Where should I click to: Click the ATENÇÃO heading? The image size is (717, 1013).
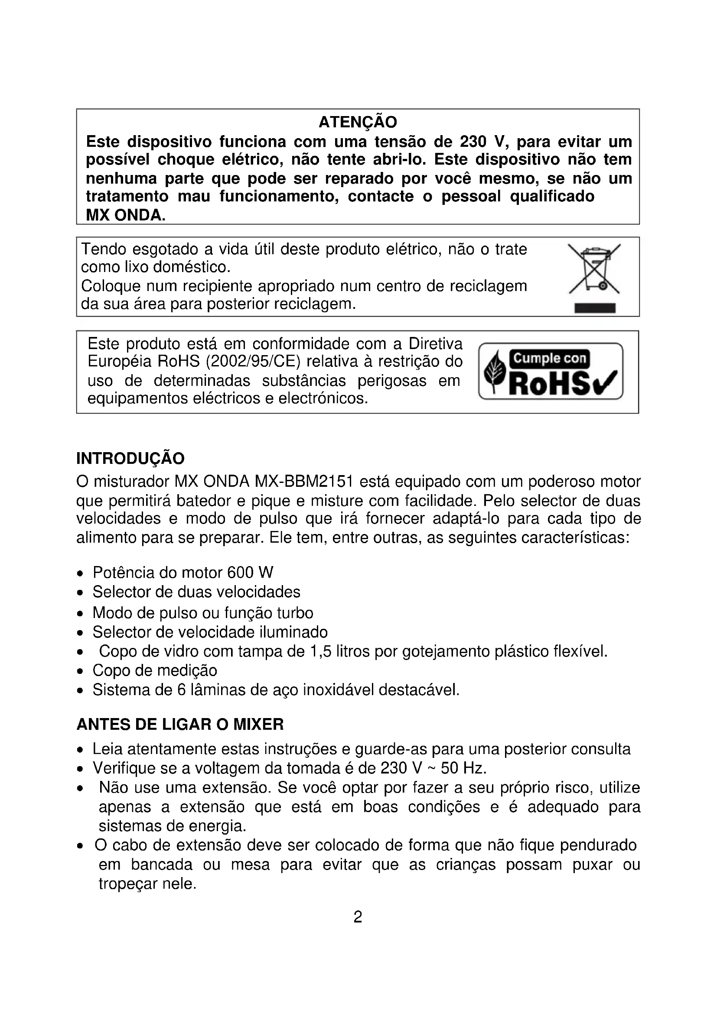[x=358, y=122]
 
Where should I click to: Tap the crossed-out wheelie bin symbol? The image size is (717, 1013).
[x=594, y=269]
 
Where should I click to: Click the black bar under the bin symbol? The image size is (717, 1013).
[x=595, y=308]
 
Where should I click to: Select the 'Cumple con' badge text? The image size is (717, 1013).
[x=550, y=358]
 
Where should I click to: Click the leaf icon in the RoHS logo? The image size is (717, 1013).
[x=495, y=372]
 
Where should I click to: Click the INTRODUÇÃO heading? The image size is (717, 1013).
[x=130, y=459]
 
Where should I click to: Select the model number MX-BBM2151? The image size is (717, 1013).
[x=304, y=481]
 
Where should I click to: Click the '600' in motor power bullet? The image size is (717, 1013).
[x=241, y=573]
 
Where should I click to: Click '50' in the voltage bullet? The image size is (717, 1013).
[x=450, y=768]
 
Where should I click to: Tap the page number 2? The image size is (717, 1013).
[x=358, y=917]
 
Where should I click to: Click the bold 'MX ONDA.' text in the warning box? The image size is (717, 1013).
[x=125, y=215]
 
